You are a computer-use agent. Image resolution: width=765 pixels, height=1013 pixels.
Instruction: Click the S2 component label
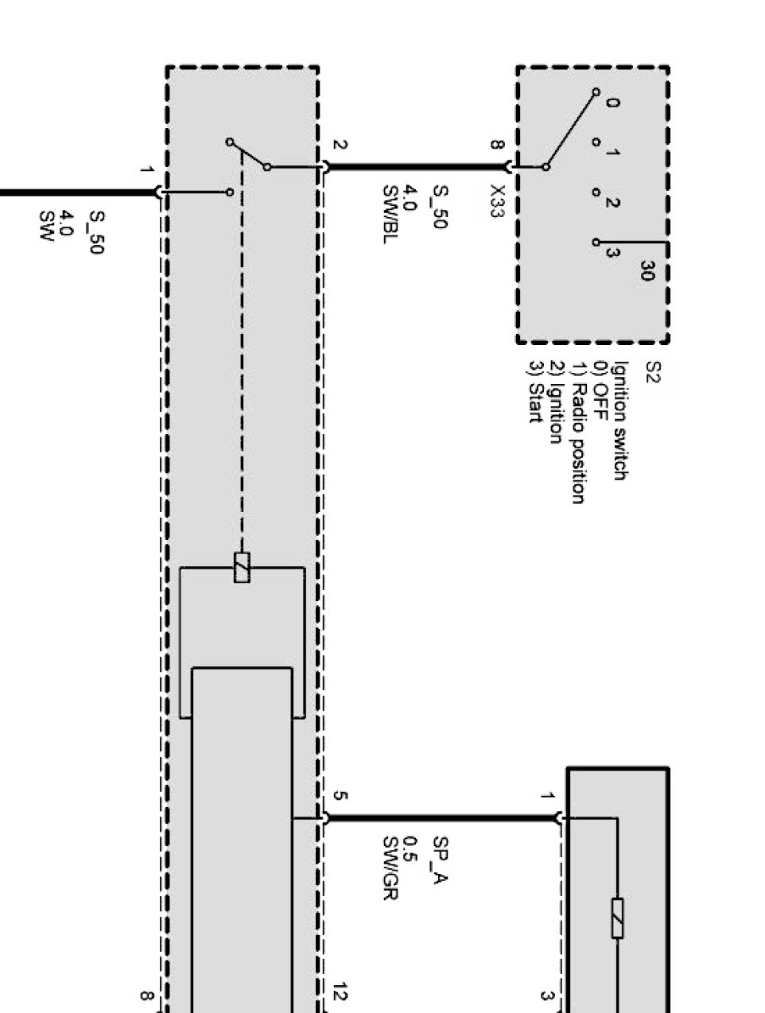[652, 373]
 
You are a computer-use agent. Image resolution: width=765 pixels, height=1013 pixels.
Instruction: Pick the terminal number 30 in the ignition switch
[646, 271]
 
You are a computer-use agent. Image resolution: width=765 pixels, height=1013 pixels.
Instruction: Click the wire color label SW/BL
[390, 214]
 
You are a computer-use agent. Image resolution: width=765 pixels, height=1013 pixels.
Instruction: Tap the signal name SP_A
[440, 860]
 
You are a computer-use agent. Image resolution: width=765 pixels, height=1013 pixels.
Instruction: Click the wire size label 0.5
[411, 847]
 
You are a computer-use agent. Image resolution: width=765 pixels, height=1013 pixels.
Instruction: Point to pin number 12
[340, 992]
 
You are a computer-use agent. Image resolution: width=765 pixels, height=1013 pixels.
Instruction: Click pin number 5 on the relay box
[340, 796]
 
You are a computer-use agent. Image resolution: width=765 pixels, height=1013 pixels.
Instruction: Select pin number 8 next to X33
[498, 146]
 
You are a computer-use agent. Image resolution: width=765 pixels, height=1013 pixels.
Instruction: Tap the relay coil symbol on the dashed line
[242, 568]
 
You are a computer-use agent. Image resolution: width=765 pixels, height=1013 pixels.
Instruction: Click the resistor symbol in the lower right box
[617, 918]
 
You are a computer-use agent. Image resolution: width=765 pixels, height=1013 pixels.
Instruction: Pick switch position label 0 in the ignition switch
[613, 103]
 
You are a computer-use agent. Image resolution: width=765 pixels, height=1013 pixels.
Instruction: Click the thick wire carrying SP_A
[441, 817]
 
